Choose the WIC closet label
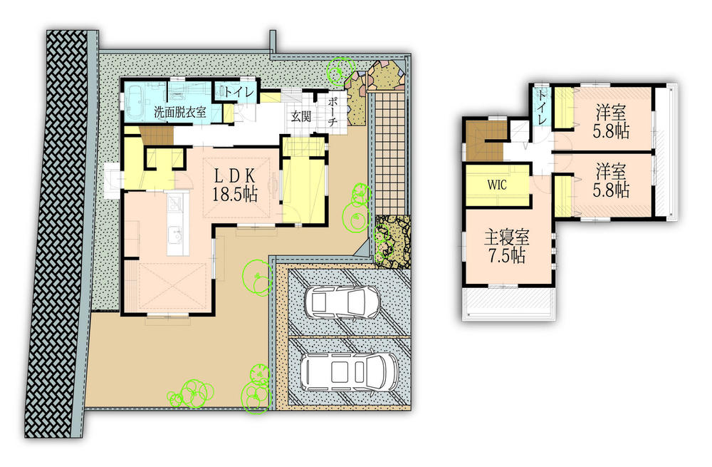(x=497, y=184)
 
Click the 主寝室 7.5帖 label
(x=507, y=247)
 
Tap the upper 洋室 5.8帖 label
(x=612, y=120)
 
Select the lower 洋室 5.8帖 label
(x=612, y=180)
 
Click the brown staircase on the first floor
(x=155, y=134)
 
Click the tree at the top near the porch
(x=340, y=71)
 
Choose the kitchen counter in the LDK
(x=177, y=223)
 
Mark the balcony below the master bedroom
(x=507, y=305)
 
